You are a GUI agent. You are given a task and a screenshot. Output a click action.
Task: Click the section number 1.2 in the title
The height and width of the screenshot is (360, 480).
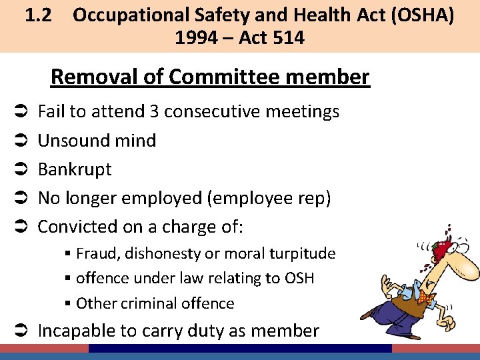point(39,15)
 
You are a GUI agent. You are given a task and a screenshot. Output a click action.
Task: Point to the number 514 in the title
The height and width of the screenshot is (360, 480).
point(287,38)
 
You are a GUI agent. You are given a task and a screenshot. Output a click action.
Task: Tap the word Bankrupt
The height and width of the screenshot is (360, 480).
point(75,169)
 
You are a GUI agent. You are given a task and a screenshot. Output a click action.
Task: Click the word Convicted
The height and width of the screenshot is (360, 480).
point(77,227)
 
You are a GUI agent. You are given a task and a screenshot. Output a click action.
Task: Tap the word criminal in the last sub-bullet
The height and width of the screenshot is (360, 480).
point(149,303)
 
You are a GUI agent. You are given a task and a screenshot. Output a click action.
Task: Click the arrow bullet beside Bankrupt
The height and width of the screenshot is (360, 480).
point(21,169)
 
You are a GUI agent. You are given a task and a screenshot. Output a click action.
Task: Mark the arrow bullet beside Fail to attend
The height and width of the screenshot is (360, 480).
point(21,111)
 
